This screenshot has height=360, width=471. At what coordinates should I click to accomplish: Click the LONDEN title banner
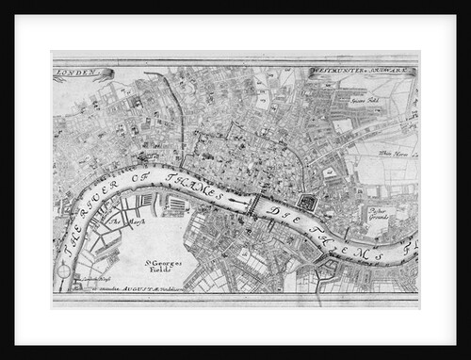83,74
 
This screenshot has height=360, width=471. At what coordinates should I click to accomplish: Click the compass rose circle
64,270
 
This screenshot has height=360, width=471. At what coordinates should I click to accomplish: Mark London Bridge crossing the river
252,202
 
